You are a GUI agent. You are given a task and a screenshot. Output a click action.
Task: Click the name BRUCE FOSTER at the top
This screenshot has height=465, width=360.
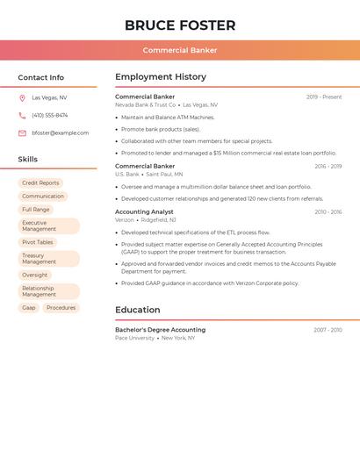180,25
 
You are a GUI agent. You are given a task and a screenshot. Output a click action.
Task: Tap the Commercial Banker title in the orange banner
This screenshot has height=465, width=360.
180,50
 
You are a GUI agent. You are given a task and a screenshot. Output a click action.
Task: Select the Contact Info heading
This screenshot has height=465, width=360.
41,77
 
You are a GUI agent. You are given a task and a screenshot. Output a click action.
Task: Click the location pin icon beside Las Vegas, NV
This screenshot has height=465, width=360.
22,98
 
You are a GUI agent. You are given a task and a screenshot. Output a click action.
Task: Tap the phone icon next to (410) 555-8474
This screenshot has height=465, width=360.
22,116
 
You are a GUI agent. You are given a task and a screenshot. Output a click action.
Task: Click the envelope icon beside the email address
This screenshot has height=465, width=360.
22,133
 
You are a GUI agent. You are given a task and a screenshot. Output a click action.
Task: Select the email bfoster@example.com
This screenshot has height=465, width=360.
61,133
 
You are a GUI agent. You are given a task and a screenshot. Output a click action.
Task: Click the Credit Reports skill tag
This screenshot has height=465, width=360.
40,183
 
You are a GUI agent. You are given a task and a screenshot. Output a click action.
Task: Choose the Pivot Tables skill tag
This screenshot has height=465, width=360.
38,242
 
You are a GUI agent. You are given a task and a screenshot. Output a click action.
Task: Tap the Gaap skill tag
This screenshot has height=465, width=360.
29,308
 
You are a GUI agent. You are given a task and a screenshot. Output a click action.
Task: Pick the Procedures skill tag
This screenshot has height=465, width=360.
61,308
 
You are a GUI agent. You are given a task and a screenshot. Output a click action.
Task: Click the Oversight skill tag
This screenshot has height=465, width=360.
35,275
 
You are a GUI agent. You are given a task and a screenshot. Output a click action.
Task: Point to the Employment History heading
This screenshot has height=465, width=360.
161,77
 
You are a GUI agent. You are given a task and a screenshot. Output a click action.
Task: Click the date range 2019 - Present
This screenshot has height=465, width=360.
324,97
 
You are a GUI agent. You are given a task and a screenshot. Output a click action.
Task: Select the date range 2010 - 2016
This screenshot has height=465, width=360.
328,212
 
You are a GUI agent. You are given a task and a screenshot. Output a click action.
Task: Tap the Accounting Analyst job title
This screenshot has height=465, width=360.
144,212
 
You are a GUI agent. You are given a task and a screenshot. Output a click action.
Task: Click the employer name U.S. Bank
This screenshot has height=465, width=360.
127,175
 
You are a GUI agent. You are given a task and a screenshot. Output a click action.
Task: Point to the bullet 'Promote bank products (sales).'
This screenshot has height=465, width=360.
161,129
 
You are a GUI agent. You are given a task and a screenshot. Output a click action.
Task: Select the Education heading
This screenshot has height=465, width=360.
138,310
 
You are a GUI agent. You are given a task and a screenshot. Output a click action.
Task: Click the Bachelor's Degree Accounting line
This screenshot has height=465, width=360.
160,330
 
